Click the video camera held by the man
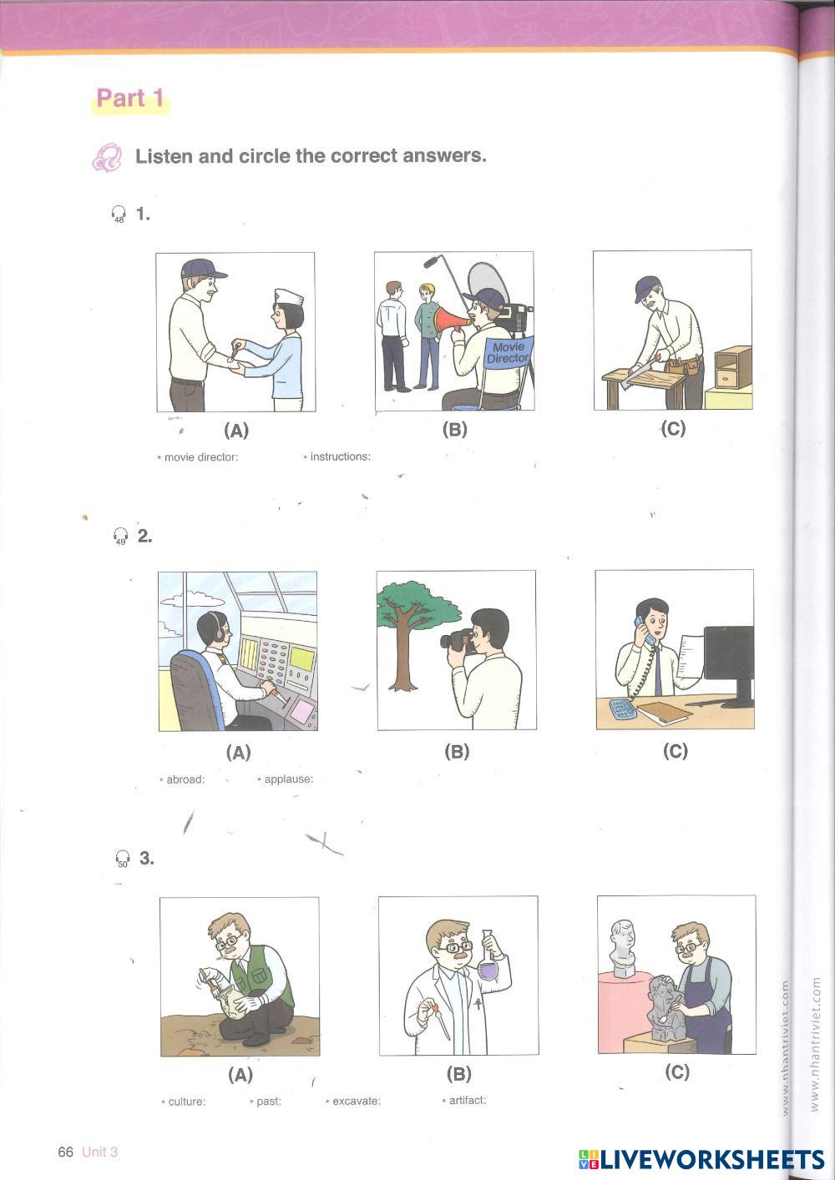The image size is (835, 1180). click(458, 639)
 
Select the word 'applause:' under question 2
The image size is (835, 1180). click(288, 779)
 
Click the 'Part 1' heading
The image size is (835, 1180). click(129, 98)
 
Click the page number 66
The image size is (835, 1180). click(65, 1152)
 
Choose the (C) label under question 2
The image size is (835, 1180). click(676, 751)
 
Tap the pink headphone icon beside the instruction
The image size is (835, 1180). click(107, 157)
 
